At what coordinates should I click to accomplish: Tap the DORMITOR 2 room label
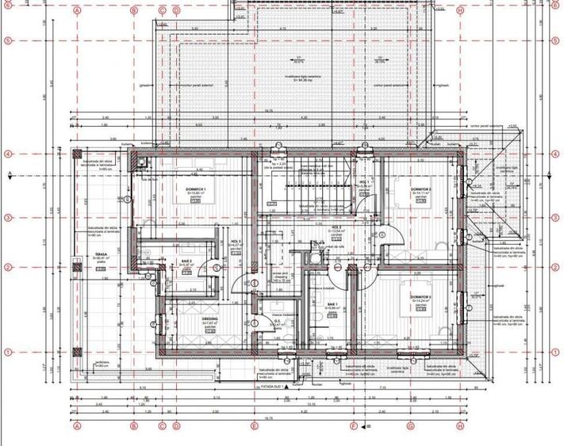420,189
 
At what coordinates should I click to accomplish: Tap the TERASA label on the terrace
100,255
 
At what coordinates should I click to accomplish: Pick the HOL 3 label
236,242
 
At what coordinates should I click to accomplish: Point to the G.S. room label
278,322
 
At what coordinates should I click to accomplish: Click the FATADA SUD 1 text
272,387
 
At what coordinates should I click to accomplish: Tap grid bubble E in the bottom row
254,426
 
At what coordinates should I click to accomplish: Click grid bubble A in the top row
77,11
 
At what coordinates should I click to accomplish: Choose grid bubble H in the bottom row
460,426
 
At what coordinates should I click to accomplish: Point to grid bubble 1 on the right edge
553,351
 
